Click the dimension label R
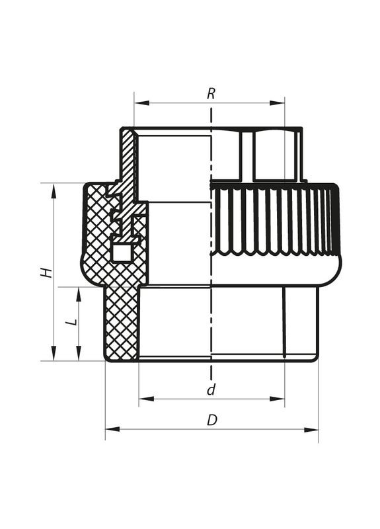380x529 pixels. coord(211,93)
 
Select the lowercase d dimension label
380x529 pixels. coord(211,389)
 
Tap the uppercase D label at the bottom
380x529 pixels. coord(211,421)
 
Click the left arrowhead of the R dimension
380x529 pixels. coord(138,102)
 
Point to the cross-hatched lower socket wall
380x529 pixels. coord(122,324)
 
